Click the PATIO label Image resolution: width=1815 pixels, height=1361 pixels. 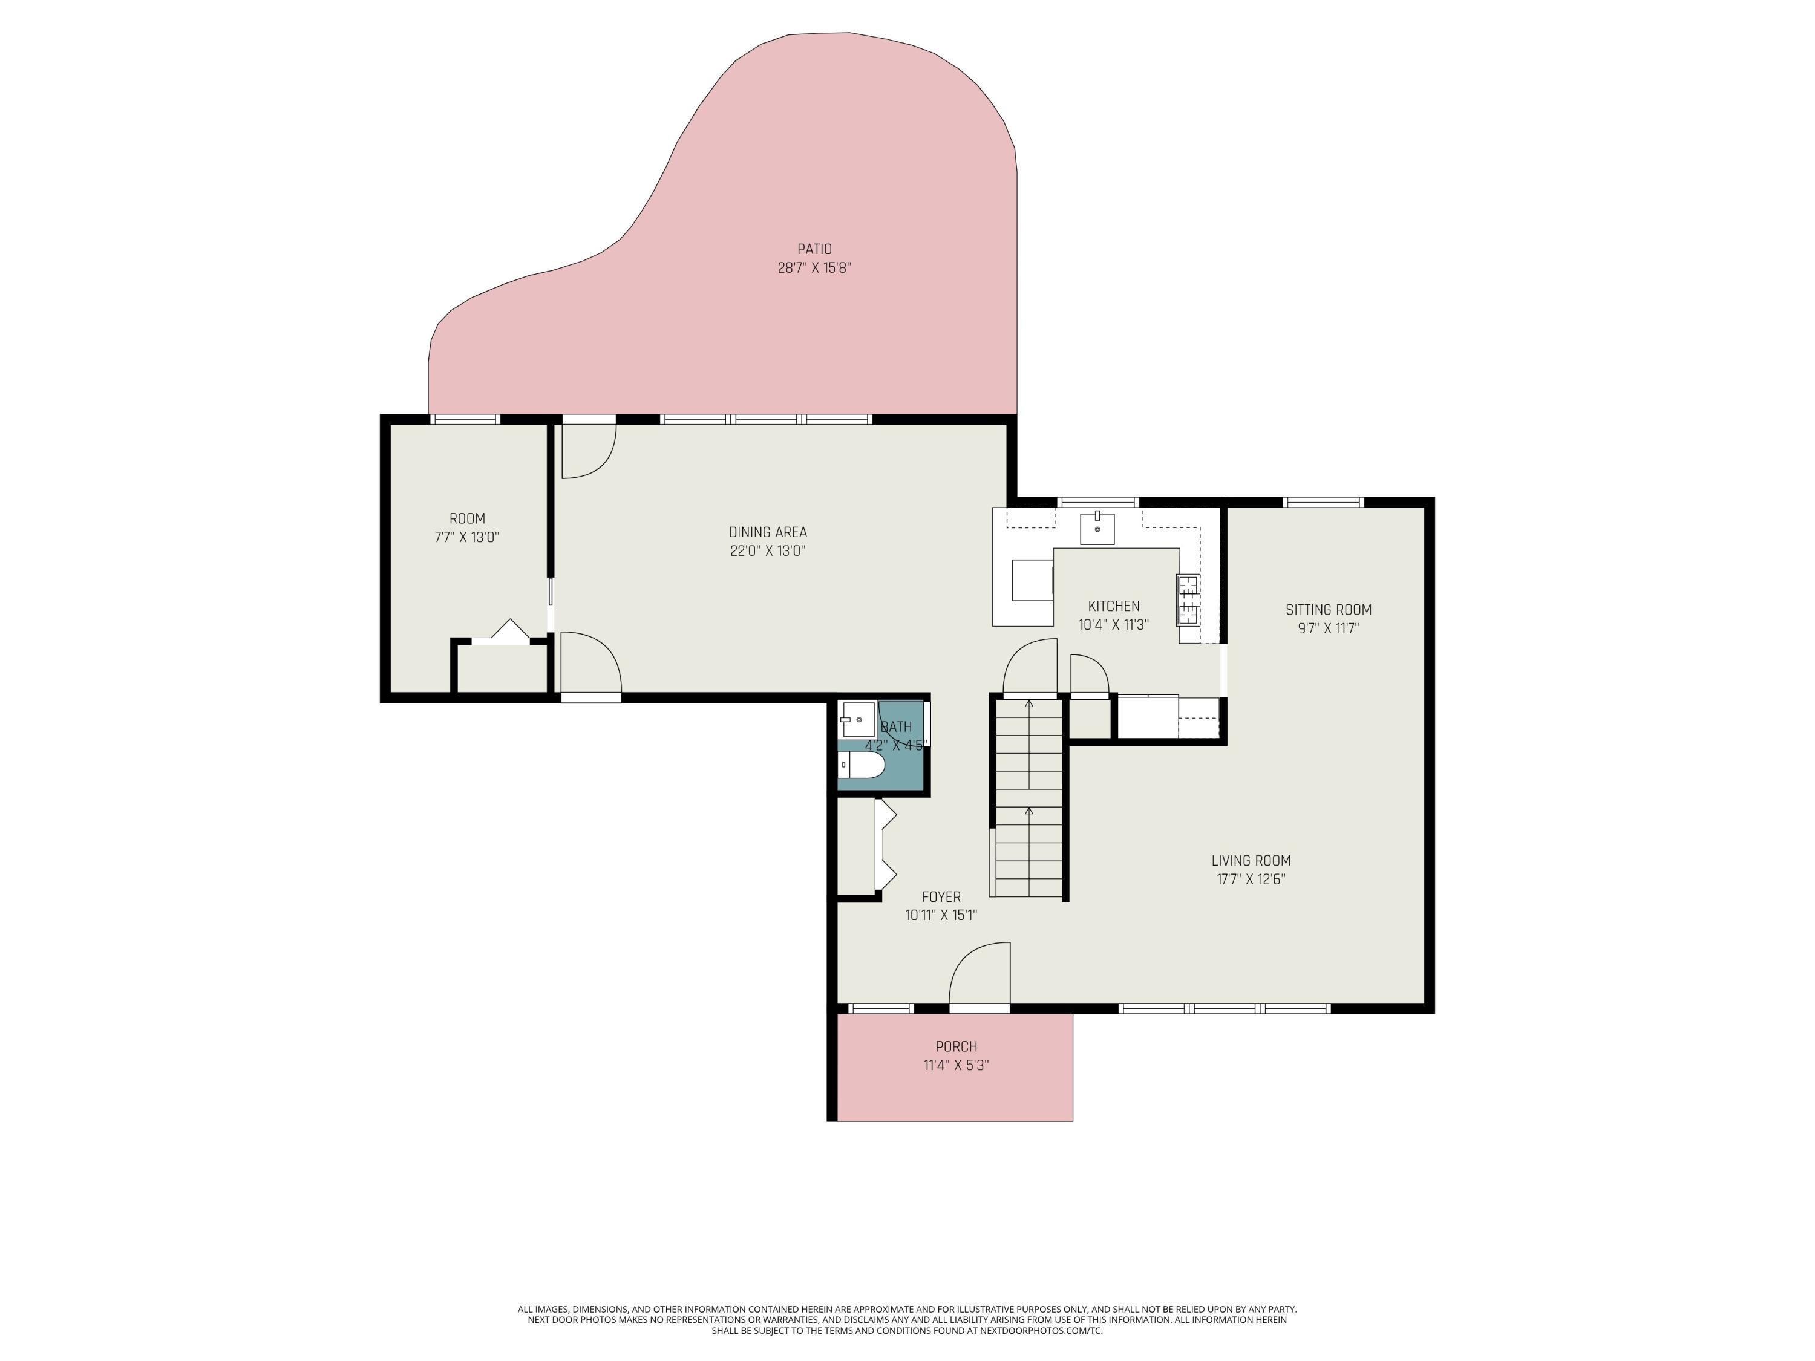click(x=814, y=249)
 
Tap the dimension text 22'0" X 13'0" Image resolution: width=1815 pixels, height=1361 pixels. click(x=767, y=550)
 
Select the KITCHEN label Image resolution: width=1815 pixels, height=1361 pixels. click(x=1113, y=606)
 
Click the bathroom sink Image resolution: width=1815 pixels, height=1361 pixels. click(x=857, y=719)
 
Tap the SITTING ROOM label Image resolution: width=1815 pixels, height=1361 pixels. click(x=1327, y=610)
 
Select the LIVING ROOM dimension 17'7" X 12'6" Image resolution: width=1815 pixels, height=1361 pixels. click(x=1250, y=880)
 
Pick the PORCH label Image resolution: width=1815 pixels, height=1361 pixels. click(x=956, y=1047)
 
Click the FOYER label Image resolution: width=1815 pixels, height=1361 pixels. click(x=940, y=896)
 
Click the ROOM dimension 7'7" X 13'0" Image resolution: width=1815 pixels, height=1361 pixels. click(x=467, y=537)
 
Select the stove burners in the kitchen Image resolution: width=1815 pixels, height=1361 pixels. click(x=1187, y=599)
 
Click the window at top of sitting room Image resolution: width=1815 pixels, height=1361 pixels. click(x=1323, y=502)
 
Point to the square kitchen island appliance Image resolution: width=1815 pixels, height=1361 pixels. click(x=1032, y=580)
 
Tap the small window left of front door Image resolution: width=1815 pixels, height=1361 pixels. click(x=880, y=1008)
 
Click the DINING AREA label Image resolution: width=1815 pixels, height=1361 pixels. click(x=767, y=532)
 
